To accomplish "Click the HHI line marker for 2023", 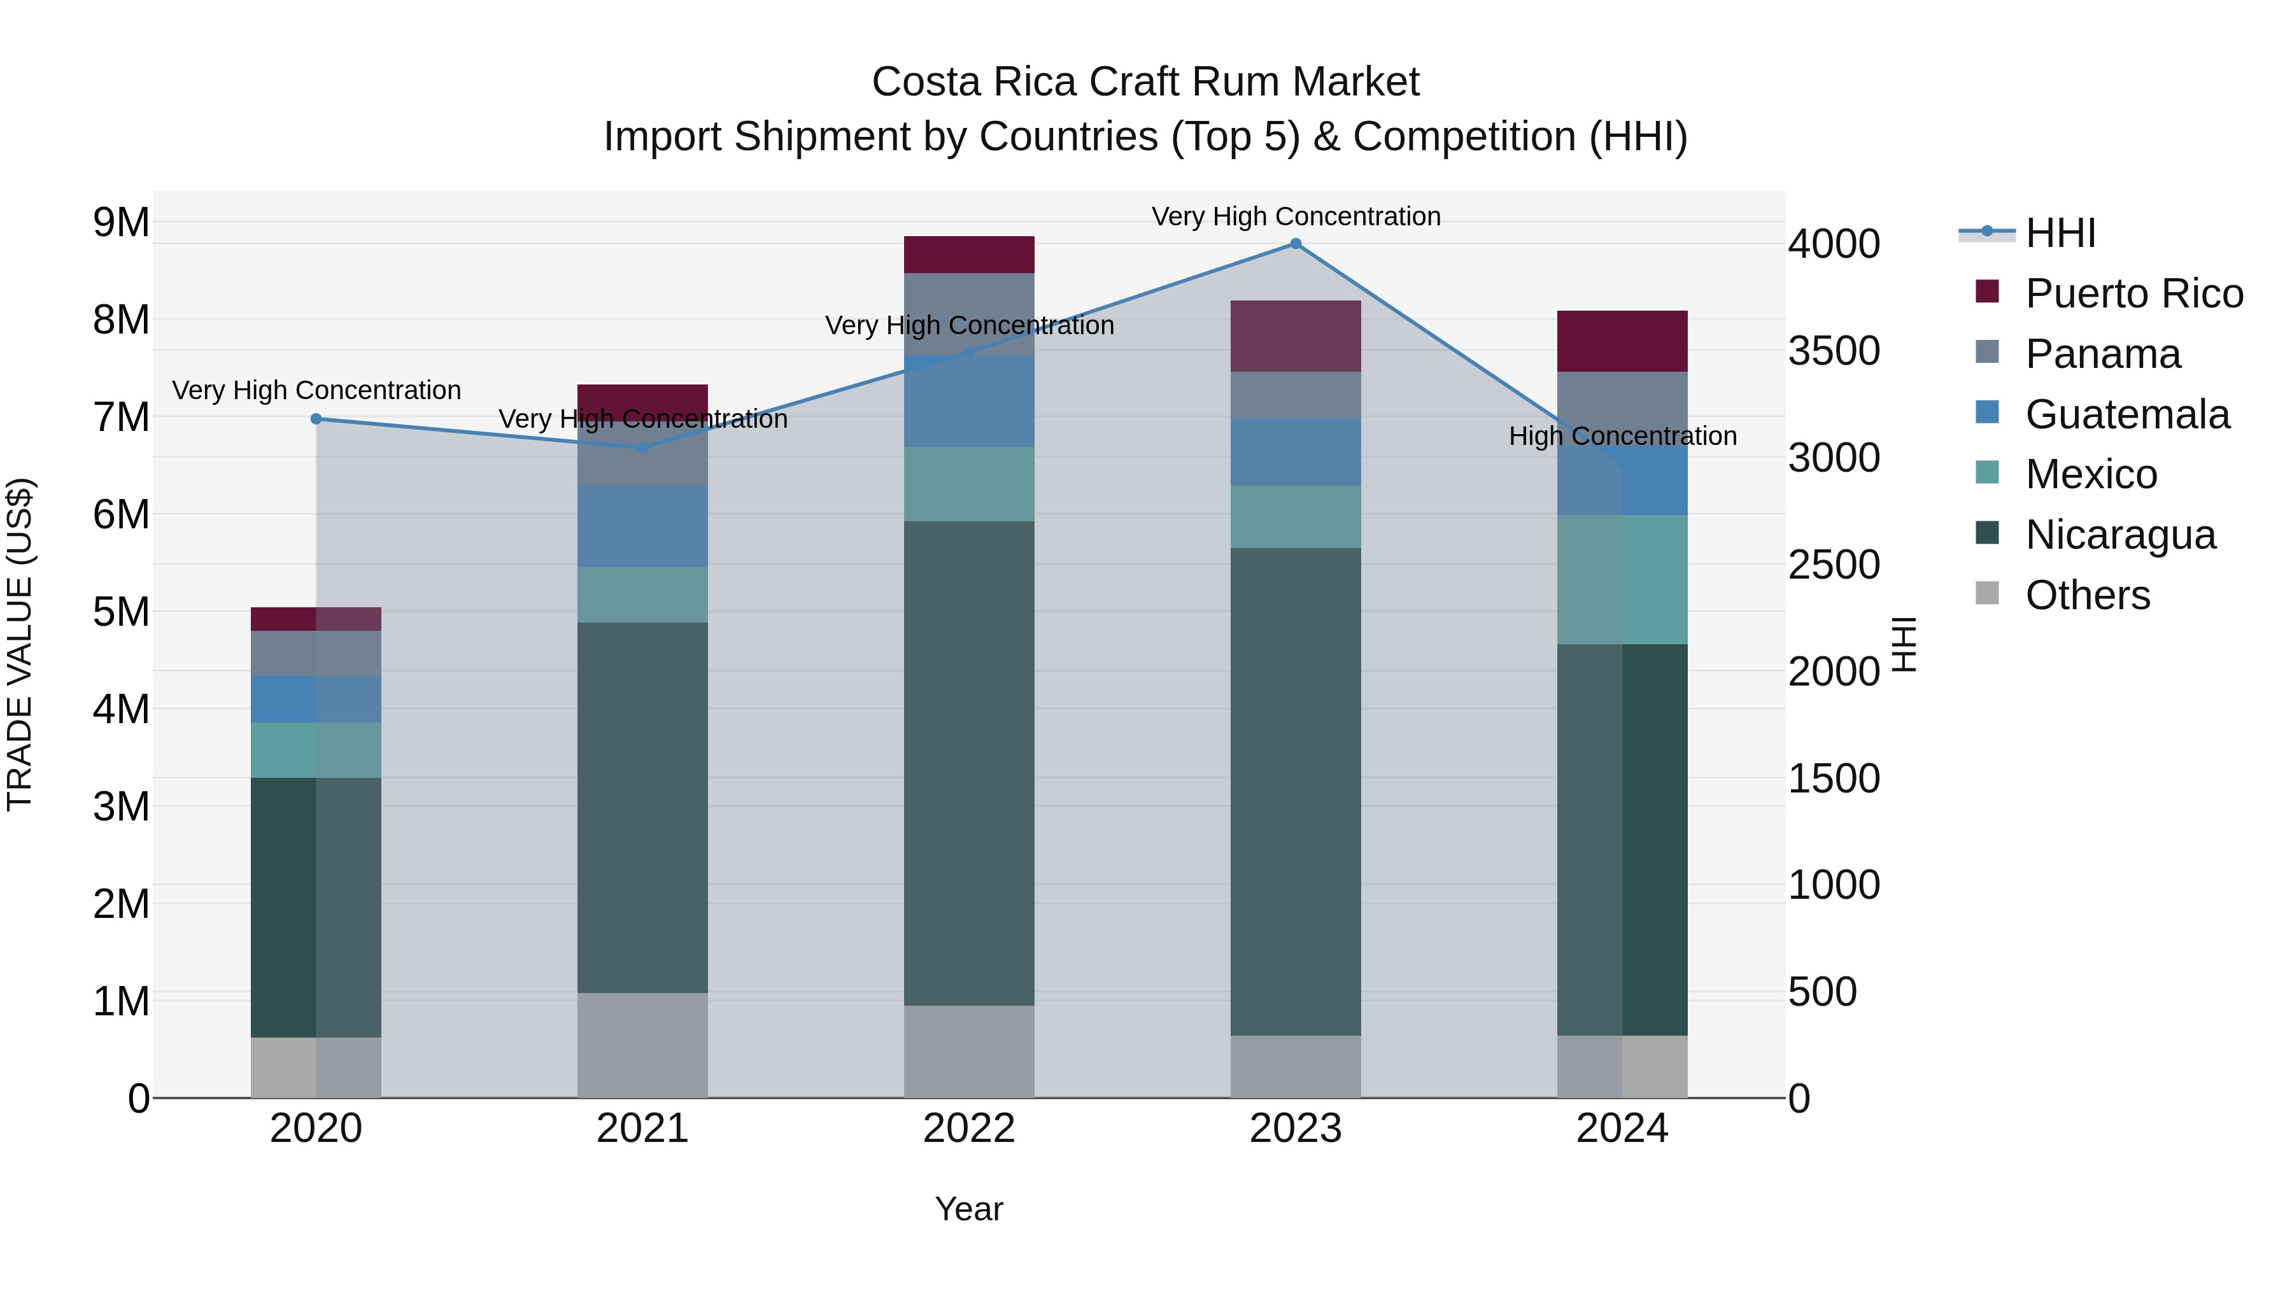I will (x=1296, y=244).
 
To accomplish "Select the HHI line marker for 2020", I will (x=316, y=419).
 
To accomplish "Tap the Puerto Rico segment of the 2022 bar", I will (x=969, y=255).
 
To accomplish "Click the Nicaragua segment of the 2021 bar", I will (x=642, y=807).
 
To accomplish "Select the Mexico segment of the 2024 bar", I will (x=1622, y=579).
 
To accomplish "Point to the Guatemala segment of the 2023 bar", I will (x=1296, y=451).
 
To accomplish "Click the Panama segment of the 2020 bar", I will (x=316, y=653).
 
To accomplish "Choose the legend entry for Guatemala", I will (x=2126, y=414).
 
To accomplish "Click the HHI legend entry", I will (x=2060, y=233).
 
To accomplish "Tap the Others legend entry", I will (x=2086, y=595).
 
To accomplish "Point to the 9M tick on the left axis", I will (x=122, y=222).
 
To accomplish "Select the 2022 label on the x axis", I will (x=969, y=1129).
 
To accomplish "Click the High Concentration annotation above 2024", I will (x=1622, y=436).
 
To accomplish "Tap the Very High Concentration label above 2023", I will (x=1296, y=216).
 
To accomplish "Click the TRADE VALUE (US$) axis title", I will (x=20, y=644).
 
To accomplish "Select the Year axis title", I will (x=969, y=1209).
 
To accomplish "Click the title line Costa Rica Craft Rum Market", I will (x=1145, y=82).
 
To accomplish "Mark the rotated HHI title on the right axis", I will (x=1903, y=644).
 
